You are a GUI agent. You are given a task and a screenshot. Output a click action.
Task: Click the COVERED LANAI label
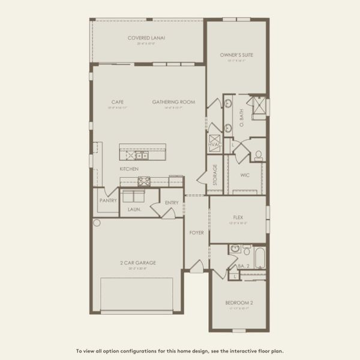(x=146, y=38)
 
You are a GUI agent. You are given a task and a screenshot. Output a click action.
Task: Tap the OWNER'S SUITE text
(x=237, y=55)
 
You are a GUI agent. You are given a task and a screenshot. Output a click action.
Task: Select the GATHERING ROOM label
(x=173, y=102)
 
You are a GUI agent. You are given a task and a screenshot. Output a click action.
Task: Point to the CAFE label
(x=117, y=102)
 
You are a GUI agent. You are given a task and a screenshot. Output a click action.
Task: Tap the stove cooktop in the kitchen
(x=144, y=179)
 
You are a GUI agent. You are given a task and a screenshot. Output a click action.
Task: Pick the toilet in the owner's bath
(x=259, y=155)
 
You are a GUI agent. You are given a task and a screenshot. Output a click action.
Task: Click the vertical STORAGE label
(x=215, y=175)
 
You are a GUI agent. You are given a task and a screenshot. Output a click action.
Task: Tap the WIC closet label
(x=244, y=175)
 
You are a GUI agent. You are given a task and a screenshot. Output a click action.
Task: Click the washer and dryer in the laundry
(x=133, y=196)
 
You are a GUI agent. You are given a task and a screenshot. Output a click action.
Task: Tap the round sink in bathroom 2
(x=235, y=248)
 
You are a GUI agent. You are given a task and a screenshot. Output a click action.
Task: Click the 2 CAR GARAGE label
(x=137, y=263)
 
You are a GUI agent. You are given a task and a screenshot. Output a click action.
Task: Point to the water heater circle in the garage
(x=97, y=223)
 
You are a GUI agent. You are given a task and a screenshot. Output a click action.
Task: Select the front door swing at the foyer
(x=197, y=266)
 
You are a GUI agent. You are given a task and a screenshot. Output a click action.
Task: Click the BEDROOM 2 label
(x=239, y=303)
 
